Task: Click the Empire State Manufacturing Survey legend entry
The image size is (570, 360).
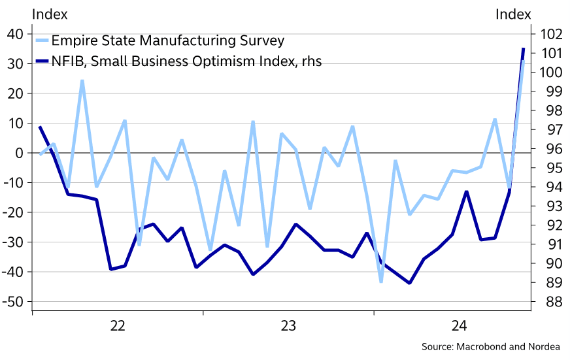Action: [x=168, y=41]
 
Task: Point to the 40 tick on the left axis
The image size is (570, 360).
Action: [x=16, y=34]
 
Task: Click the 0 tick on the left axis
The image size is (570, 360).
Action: [x=20, y=153]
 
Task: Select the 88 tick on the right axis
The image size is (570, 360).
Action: [x=548, y=302]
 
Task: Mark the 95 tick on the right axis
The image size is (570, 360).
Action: [x=548, y=168]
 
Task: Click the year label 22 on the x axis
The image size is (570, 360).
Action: [x=118, y=325]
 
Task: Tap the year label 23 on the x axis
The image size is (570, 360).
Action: [x=288, y=325]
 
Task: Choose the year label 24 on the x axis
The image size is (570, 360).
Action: [x=459, y=325]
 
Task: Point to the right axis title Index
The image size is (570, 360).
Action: [x=513, y=14]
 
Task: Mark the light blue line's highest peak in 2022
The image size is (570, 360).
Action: [x=82, y=81]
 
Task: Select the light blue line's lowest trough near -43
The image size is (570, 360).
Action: [x=381, y=282]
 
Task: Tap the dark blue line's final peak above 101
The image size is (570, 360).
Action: [x=523, y=48]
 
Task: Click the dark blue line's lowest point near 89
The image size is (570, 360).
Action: [x=409, y=283]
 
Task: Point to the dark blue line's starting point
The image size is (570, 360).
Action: [x=40, y=127]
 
